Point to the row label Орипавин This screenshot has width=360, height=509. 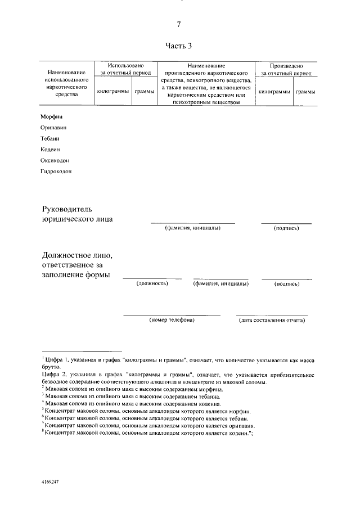[53, 128]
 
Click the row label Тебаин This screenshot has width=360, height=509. [49, 138]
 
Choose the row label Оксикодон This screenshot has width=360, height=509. [55, 160]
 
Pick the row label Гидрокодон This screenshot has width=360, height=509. [56, 172]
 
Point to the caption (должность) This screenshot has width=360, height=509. [152, 285]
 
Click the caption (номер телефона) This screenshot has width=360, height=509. [172, 320]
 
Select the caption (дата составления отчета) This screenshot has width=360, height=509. [272, 320]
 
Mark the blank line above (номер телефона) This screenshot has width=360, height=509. [172, 315]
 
